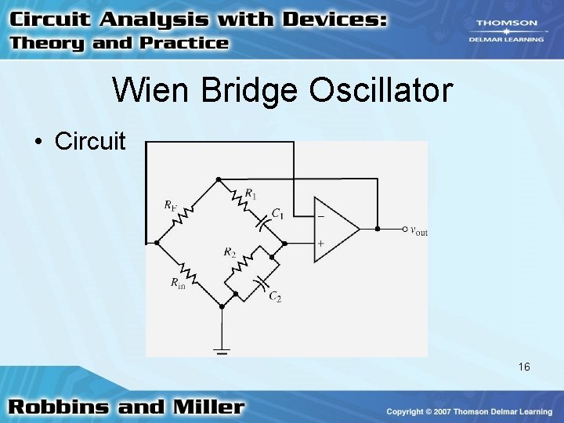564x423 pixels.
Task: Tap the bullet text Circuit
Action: tap(89, 141)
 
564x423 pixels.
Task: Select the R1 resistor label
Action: tap(251, 193)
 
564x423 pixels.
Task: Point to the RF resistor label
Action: tap(170, 205)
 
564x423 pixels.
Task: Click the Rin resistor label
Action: tap(179, 284)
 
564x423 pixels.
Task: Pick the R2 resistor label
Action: tap(229, 252)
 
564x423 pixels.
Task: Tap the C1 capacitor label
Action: tap(277, 213)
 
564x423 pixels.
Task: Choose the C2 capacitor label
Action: tap(275, 296)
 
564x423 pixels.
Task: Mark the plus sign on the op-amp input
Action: tap(320, 244)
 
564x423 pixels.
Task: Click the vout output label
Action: tap(419, 230)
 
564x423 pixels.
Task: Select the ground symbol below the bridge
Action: tap(222, 351)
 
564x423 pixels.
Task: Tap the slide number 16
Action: tap(523, 367)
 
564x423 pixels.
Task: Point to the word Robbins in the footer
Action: tap(66, 407)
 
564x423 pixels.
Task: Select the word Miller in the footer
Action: tap(206, 407)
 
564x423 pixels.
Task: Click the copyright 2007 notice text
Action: tap(468, 411)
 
